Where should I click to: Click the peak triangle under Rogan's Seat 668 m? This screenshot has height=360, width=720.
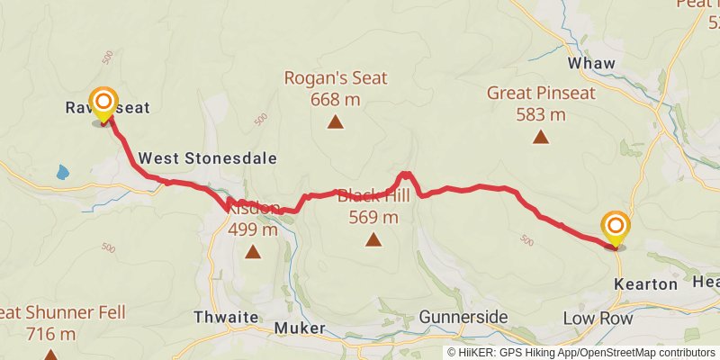click(x=335, y=121)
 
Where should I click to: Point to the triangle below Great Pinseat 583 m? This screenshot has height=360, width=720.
click(x=540, y=137)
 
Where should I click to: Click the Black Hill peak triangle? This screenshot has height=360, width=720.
click(x=373, y=239)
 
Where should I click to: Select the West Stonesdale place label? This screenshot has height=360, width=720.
click(x=206, y=158)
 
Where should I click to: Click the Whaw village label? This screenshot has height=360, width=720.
click(x=591, y=64)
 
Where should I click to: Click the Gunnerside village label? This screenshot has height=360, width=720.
click(x=463, y=317)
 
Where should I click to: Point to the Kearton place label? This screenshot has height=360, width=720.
click(x=645, y=284)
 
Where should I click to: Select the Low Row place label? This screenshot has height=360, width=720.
click(x=598, y=319)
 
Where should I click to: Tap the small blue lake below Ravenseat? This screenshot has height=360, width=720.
click(x=61, y=170)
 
